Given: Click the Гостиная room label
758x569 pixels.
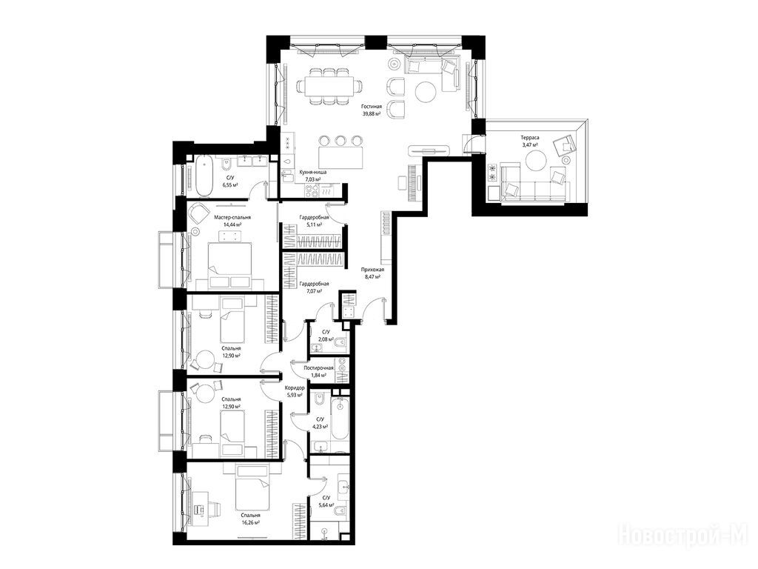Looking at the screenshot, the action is [372, 107].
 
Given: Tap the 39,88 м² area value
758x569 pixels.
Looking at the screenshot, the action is [372, 114].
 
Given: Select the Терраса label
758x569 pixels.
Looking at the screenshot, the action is [530, 137].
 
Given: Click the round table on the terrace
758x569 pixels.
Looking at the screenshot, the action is [535, 161].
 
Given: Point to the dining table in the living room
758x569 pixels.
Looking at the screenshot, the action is [330, 86].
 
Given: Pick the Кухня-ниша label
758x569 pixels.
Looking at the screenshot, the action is [313, 172].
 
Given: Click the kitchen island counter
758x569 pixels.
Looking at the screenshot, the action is [341, 157].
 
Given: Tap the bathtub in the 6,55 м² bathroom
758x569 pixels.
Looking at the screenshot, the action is [204, 176].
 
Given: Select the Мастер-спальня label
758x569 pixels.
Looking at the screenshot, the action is [232, 218].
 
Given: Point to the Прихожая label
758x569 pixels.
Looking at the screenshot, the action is [372, 270].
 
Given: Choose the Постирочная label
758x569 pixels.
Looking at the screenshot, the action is [318, 367].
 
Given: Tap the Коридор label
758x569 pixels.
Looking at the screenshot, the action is [295, 388].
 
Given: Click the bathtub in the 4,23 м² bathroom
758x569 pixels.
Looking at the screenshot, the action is [340, 419].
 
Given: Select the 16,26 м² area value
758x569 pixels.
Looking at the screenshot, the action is [250, 523].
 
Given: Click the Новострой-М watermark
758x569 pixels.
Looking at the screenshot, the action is [683, 535].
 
